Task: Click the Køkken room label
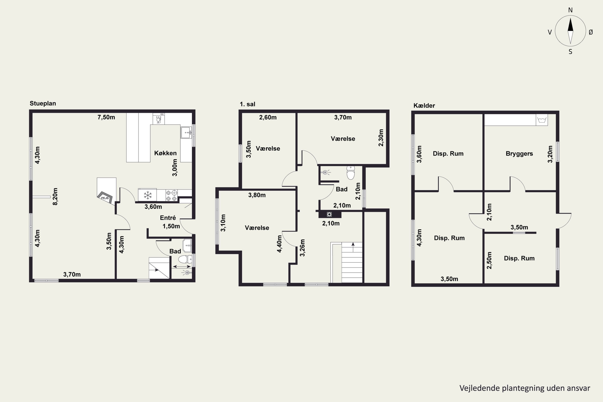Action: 165,153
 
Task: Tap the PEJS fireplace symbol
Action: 105,198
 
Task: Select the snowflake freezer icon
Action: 147,195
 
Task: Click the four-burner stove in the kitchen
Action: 171,195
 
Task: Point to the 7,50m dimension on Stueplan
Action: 106,117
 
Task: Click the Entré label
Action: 168,218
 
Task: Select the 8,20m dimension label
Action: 55,197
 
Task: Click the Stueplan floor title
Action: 43,103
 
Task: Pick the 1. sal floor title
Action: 247,104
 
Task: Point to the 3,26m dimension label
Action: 303,248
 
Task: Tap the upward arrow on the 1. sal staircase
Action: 353,247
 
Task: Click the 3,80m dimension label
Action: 257,195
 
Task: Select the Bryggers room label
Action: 519,154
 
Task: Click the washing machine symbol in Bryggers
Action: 542,120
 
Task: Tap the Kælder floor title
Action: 424,105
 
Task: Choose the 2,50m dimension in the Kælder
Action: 489,260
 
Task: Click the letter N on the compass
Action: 570,10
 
